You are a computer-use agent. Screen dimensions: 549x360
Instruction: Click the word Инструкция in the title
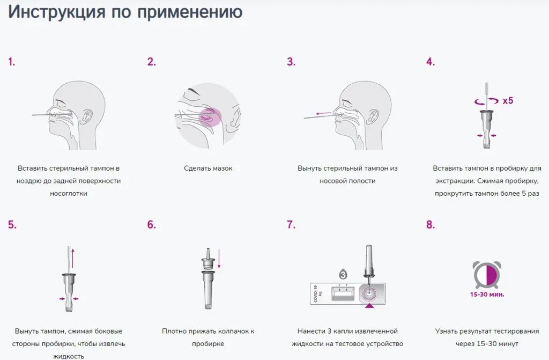(57, 12)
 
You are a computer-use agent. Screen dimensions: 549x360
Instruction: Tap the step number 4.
(431, 62)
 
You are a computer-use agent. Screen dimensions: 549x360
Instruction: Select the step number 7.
(291, 224)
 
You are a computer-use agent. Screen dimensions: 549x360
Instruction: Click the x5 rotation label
(508, 101)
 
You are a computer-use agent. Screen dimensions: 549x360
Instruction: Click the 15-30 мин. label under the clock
(487, 295)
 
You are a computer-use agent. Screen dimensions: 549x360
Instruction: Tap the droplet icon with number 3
(343, 274)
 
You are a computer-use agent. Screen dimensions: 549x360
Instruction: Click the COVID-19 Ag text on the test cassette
(317, 294)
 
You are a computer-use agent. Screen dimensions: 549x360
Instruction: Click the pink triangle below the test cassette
(369, 306)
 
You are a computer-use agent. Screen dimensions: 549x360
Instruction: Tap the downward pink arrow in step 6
(219, 259)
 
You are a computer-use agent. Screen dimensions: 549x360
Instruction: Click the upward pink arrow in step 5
(73, 258)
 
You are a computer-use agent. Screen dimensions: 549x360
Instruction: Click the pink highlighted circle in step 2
(210, 117)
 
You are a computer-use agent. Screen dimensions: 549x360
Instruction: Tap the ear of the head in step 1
(86, 117)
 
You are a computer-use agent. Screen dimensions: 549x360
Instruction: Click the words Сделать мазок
(209, 168)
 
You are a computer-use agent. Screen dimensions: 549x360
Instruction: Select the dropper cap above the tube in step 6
(208, 260)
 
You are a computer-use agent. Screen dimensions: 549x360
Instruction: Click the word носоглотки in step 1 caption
(69, 194)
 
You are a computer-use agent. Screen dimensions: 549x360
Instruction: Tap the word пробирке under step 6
(208, 344)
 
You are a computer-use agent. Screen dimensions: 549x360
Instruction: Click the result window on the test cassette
(343, 293)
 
